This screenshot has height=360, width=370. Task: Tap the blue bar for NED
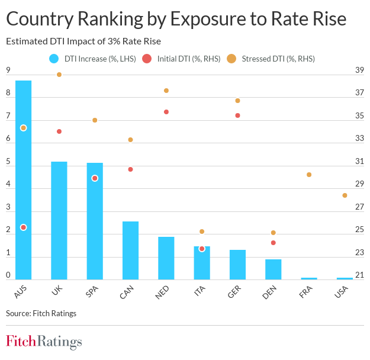pos(166,258)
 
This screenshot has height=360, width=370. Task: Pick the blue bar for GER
pos(237,264)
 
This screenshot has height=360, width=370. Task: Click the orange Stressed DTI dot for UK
pos(59,75)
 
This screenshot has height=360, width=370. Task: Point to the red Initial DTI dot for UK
pos(59,131)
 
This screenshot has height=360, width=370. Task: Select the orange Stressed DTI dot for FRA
pos(309,175)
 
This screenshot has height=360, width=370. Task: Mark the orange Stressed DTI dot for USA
pos(345,195)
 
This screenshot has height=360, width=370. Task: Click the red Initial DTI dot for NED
pos(166,112)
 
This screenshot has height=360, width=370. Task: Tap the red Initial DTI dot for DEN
pos(273,243)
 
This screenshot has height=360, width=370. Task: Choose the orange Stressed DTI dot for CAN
pos(131,140)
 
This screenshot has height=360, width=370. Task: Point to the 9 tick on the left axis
pos(8,70)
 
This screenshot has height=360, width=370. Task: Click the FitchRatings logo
pos(44,342)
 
